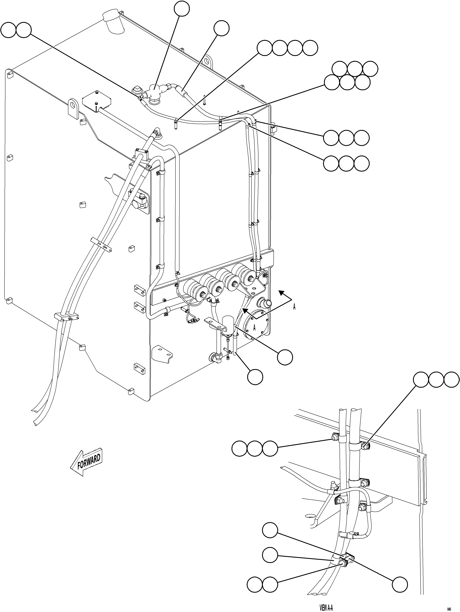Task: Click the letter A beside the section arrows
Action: [x=294, y=307]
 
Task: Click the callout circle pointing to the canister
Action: [x=285, y=357]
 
